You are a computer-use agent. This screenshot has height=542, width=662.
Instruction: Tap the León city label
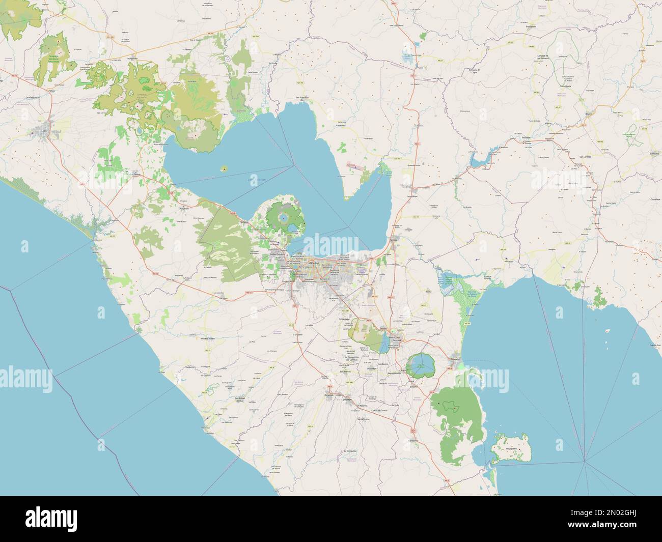43,131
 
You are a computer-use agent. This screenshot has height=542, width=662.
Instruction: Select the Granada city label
455,359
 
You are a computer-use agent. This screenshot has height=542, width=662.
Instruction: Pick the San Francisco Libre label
302,98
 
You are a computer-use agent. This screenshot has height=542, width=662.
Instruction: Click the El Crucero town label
297,335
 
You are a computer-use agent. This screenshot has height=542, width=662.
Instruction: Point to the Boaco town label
590,115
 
